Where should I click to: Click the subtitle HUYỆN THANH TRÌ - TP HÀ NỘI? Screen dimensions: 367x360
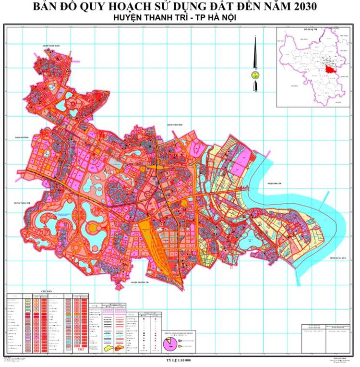(180, 17)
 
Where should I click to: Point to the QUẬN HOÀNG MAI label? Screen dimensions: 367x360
(176, 125)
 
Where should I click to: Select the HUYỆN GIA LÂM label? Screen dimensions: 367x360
(277, 183)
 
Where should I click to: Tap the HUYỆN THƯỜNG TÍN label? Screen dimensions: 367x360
(141, 283)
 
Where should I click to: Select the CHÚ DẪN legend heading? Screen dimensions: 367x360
(46, 291)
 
